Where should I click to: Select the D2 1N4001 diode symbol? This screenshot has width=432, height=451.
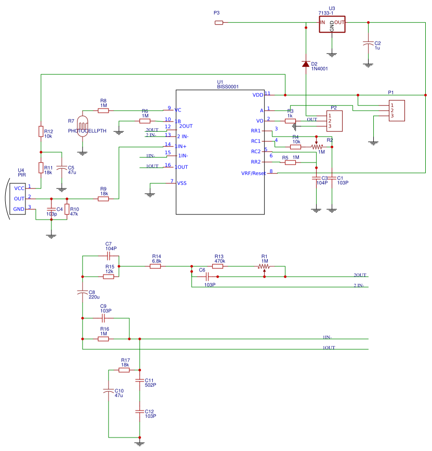pyautogui.click(x=306, y=64)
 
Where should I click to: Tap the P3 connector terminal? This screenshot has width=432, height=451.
pyautogui.click(x=219, y=22)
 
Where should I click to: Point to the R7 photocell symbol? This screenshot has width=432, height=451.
pyautogui.click(x=82, y=124)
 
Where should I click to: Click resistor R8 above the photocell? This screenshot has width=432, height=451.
pyautogui.click(x=103, y=110)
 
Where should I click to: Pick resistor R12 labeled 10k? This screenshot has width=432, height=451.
pyautogui.click(x=41, y=131)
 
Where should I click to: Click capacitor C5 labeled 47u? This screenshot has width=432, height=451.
pyautogui.click(x=61, y=168)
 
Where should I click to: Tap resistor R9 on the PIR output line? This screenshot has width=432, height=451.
pyautogui.click(x=103, y=198)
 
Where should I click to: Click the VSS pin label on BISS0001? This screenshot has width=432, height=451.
pyautogui.click(x=182, y=183)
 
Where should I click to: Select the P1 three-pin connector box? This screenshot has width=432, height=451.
pyautogui.click(x=396, y=111)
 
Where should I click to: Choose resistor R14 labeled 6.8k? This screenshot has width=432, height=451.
pyautogui.click(x=155, y=266)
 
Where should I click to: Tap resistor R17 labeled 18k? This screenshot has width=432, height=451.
pyautogui.click(x=124, y=370)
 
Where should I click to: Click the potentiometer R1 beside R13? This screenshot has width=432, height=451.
pyautogui.click(x=264, y=266)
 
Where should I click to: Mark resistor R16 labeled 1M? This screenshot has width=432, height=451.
pyautogui.click(x=103, y=339)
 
